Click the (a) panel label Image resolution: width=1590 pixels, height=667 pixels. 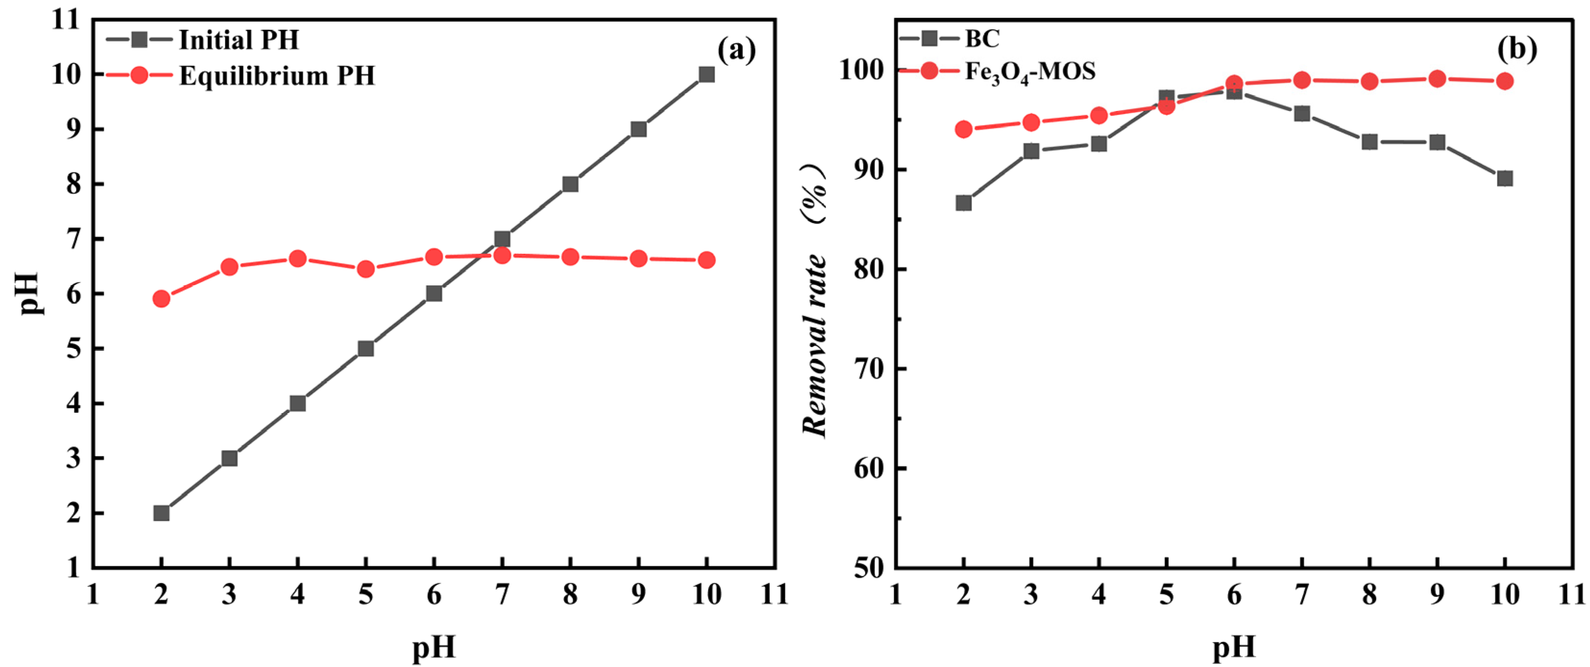coord(736,49)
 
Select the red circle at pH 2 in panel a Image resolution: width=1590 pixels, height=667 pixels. coord(161,299)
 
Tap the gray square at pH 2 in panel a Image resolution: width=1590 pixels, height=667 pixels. coord(161,513)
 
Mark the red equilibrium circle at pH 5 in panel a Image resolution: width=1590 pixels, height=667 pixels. coord(366,269)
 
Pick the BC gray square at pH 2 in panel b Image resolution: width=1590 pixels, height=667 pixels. coord(963,203)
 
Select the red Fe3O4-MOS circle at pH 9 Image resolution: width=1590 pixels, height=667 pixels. coord(1437,78)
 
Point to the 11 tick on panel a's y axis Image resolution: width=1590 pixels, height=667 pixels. coord(67,20)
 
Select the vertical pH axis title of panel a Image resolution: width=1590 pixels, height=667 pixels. coord(28,293)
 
